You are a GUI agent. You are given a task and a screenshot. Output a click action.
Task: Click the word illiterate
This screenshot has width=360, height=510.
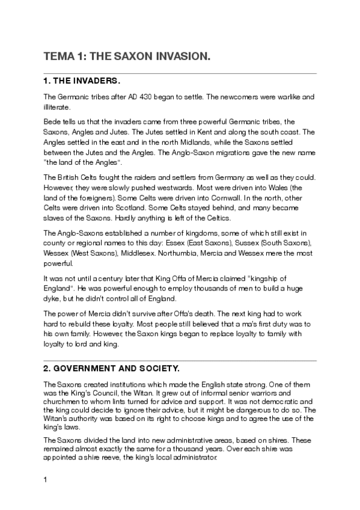pos(57,108)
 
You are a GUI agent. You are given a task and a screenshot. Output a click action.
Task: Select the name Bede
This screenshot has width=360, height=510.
pos(52,121)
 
